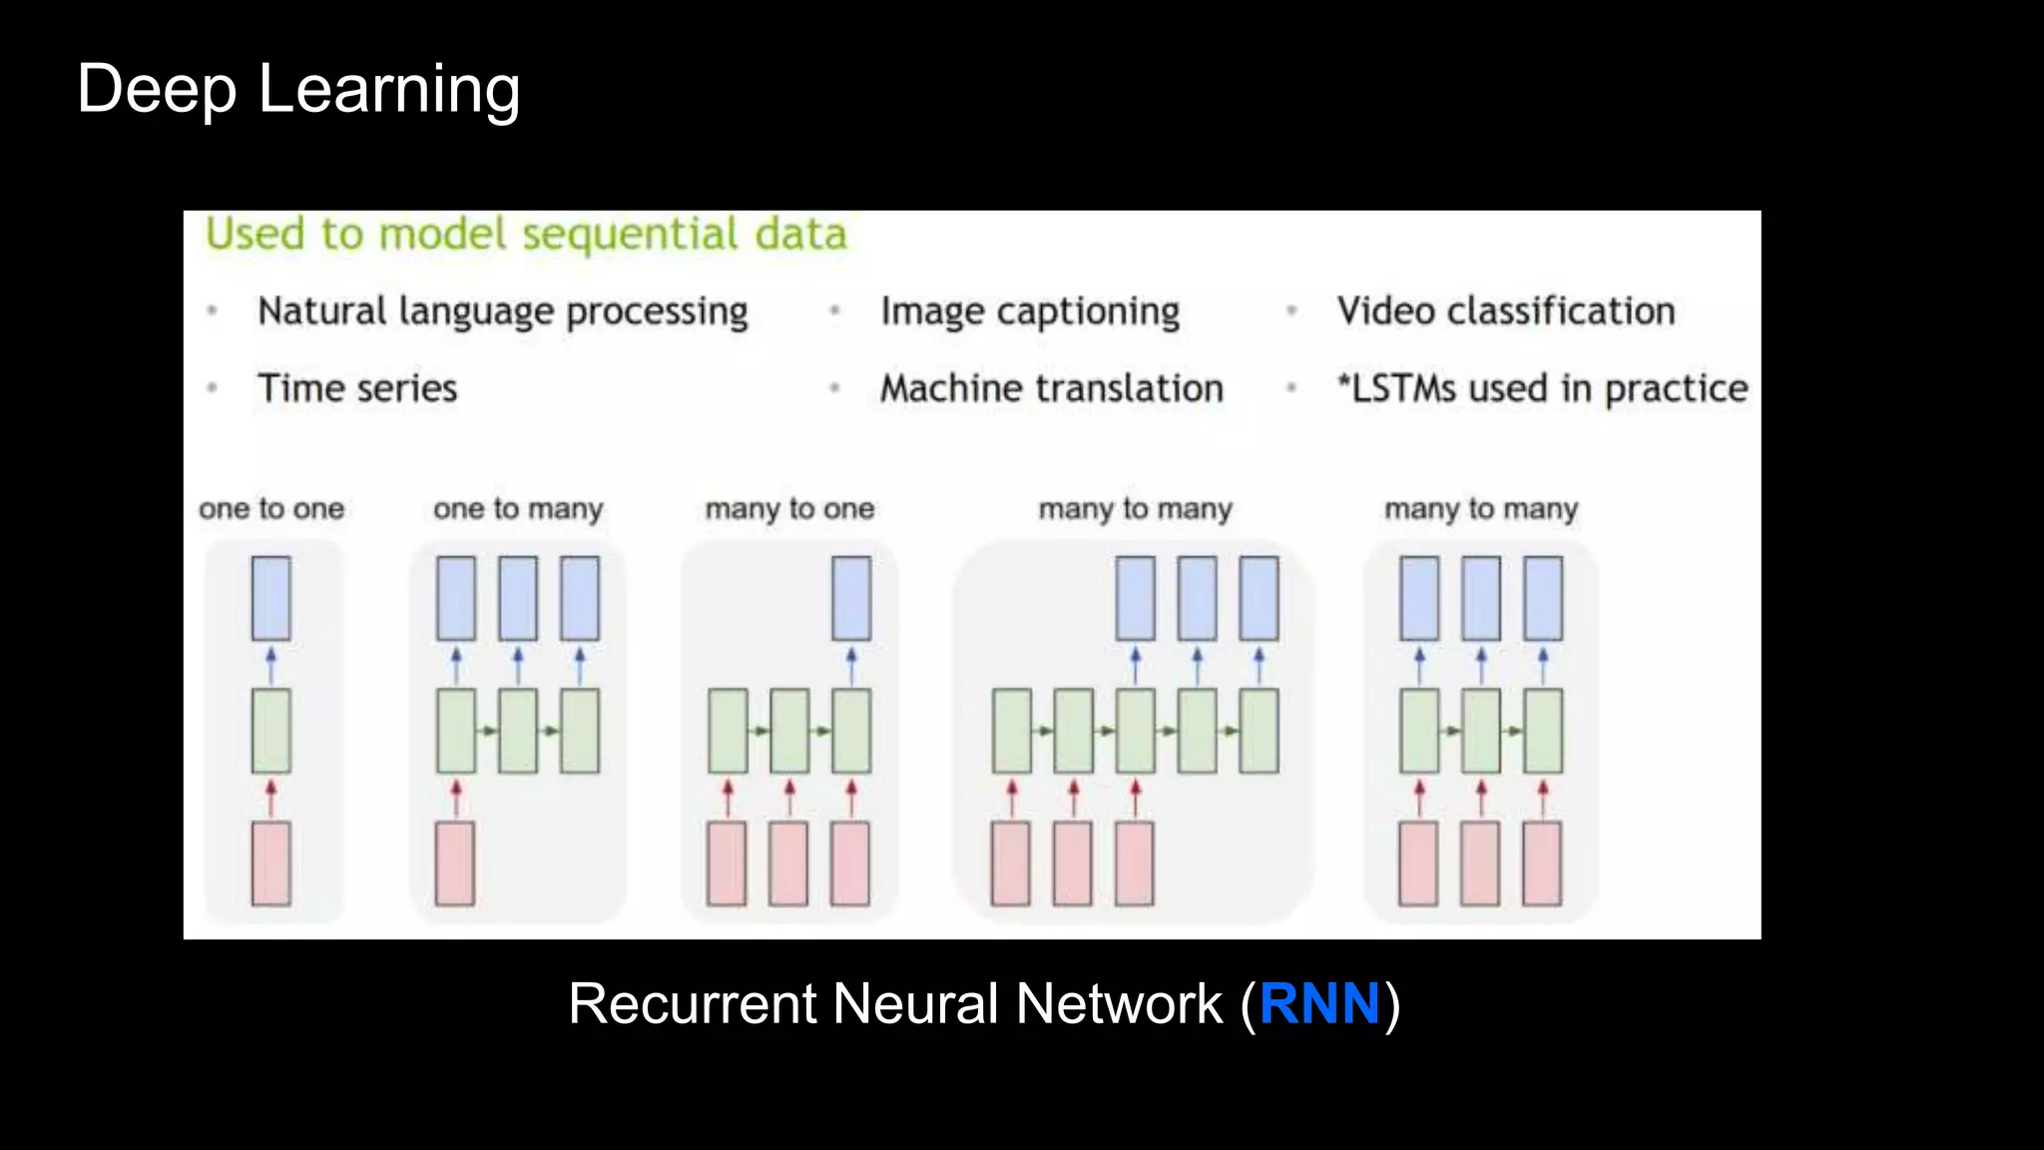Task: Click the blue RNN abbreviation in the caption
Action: pos(1319,1004)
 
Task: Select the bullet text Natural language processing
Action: pos(502,311)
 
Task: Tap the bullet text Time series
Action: pos(357,387)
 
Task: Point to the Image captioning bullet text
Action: pos(1029,311)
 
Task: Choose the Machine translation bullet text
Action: pos(1051,387)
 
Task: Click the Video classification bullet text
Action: pos(1505,311)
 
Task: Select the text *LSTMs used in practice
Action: pos(1542,387)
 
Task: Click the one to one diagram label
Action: pos(271,508)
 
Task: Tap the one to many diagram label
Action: pos(518,508)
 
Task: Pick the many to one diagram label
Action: pos(789,508)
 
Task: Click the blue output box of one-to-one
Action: pos(271,598)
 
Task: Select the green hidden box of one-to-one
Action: pos(271,731)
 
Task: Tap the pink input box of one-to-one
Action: pos(271,863)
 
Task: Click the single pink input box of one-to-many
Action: pos(455,863)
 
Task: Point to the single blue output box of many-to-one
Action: pos(851,598)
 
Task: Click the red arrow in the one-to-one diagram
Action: pos(271,798)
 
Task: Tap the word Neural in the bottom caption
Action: pos(914,1004)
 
